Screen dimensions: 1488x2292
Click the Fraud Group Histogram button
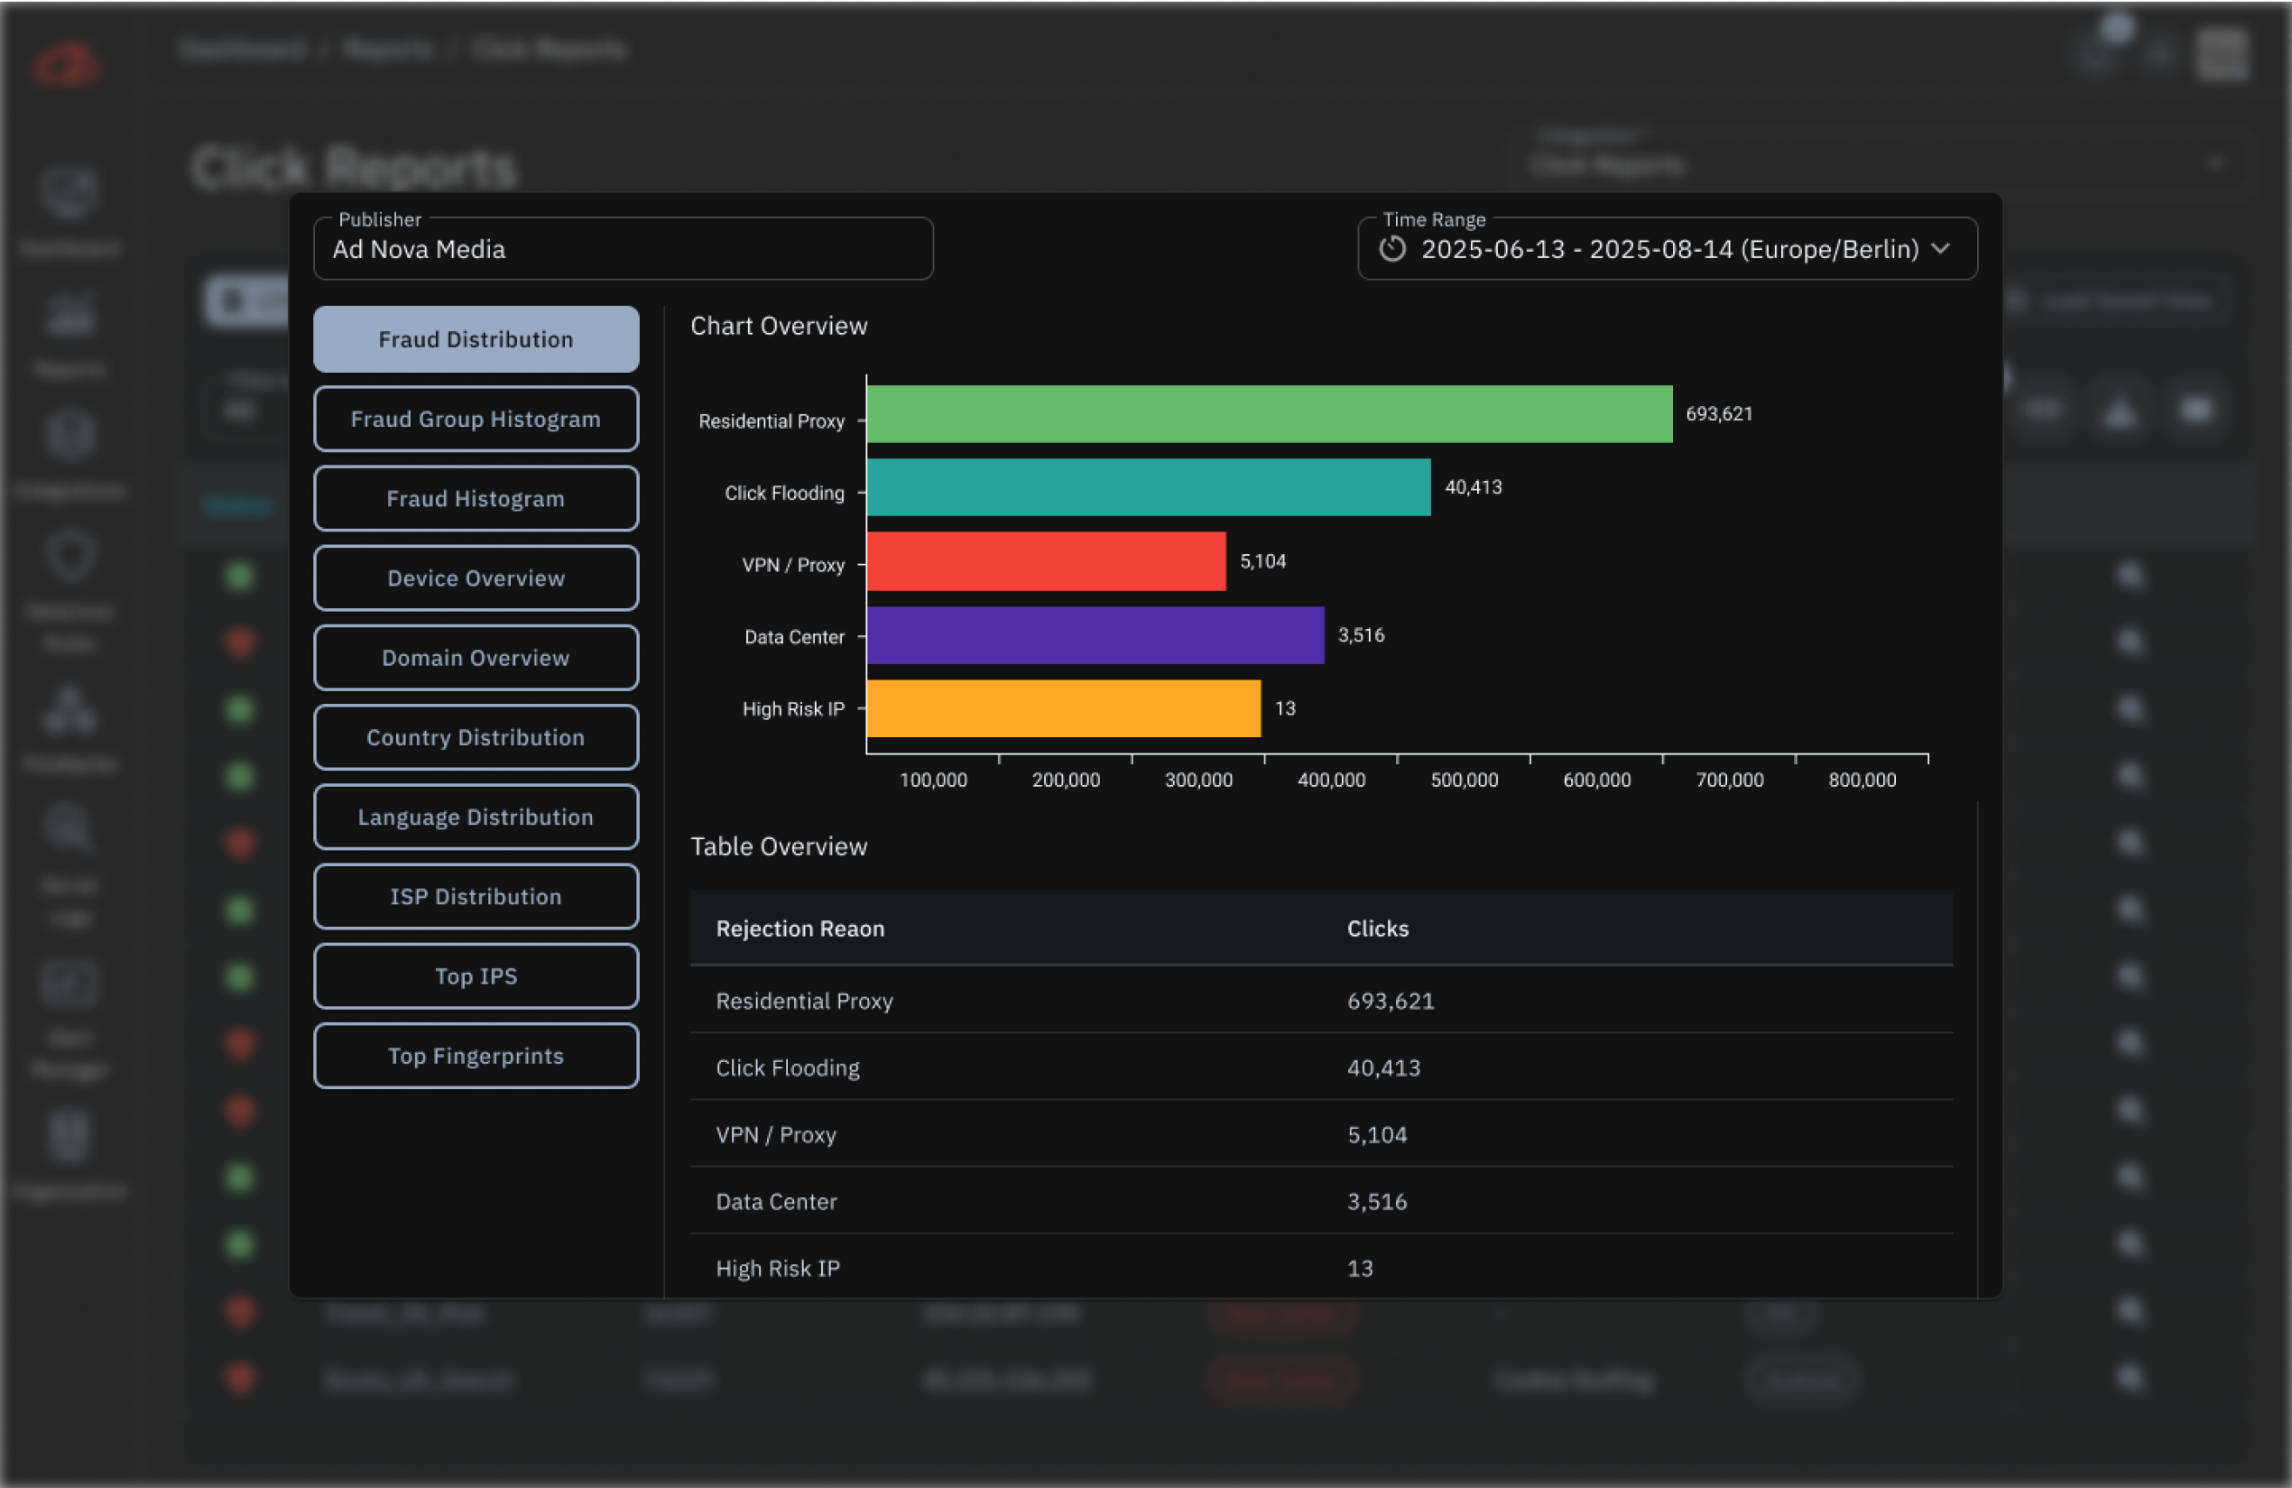476,419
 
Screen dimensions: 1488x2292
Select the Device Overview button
476,578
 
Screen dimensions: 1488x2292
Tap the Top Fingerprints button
476,1056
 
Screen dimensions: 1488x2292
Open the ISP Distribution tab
476,897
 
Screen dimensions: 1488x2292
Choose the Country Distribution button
476,738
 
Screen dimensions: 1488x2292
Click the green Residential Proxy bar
1270,414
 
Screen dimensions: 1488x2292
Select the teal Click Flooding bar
1148,487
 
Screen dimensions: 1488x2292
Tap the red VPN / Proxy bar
1046,561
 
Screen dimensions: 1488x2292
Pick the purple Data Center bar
1095,634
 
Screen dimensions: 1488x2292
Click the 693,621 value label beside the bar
1718,414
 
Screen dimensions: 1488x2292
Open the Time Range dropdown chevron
1940,248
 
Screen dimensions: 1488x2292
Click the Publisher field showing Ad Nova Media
622,249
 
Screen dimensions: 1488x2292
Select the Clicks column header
1377,929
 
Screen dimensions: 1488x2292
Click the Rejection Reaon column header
799,929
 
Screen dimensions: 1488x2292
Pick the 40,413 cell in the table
1383,1068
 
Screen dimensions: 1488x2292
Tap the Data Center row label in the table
776,1202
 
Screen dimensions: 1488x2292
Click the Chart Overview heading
778,326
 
